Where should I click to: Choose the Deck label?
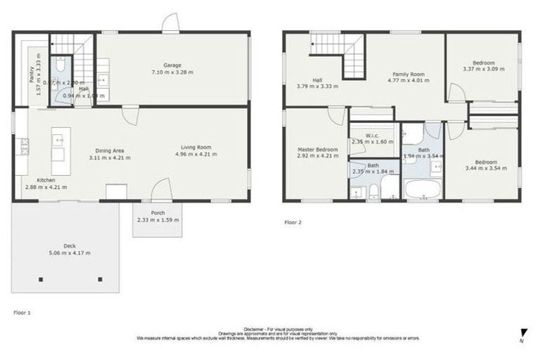click(69, 246)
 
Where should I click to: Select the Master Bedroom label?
click(318, 150)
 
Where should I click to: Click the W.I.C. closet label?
click(373, 136)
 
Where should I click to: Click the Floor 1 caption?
click(22, 311)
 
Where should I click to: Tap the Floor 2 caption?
click(292, 221)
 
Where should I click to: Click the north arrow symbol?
click(522, 333)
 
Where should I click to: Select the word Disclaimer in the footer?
click(254, 328)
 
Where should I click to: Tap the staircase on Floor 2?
click(338, 53)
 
